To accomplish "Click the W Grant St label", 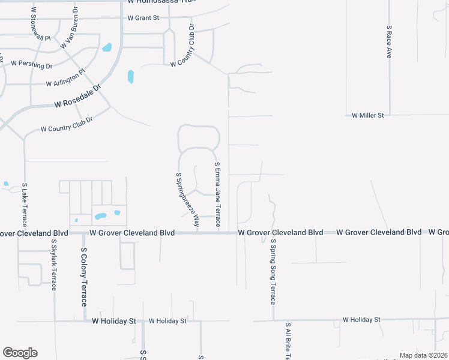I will (x=143, y=18).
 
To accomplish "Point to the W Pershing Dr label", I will (x=31, y=63).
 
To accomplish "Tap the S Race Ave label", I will (x=389, y=41).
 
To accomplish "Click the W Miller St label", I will (x=367, y=115).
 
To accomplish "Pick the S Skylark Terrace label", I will (x=53, y=265).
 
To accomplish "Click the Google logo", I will (x=20, y=353).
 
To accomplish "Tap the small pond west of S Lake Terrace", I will (x=6, y=184).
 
